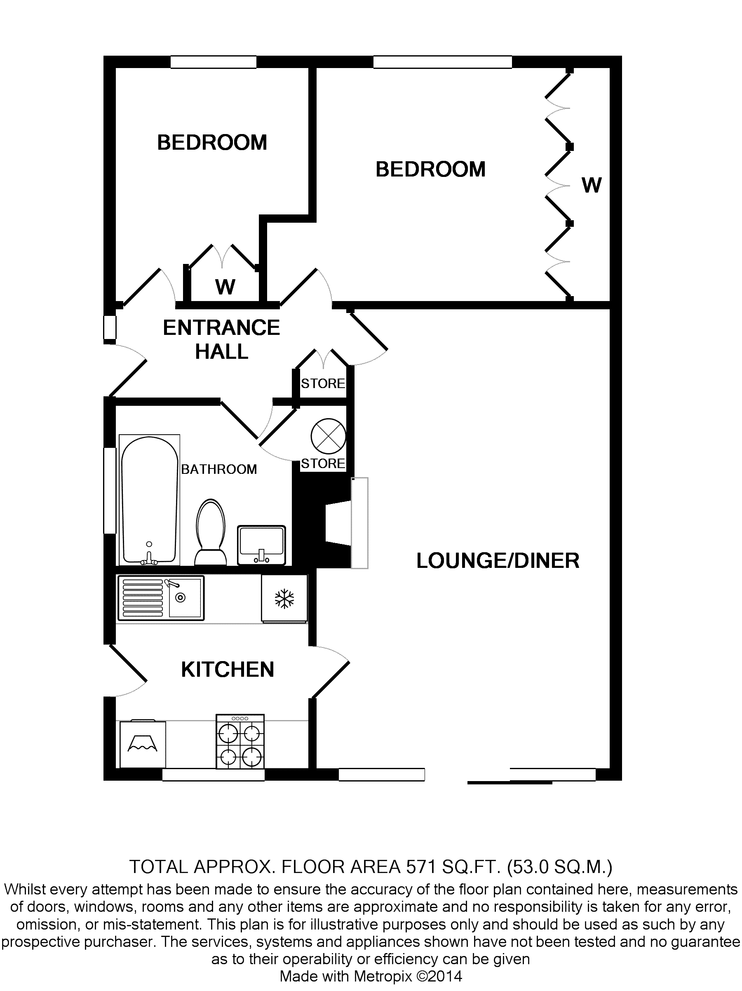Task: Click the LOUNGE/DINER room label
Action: pos(498,561)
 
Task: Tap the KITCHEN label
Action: pos(228,669)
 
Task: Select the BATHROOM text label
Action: pos(219,469)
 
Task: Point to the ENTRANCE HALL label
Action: pos(221,339)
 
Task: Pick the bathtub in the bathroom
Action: pos(150,500)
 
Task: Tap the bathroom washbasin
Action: pos(261,545)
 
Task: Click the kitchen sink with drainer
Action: pos(161,598)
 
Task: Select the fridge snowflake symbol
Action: pos(284,599)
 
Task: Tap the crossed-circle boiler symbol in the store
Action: pos(328,436)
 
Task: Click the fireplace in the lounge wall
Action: pos(345,523)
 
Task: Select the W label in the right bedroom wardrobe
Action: pos(592,185)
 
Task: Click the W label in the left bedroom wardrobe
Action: pos(225,287)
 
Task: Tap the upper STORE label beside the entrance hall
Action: pos(323,384)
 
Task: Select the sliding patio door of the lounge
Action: pos(531,775)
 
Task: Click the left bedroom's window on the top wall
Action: pos(214,62)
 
